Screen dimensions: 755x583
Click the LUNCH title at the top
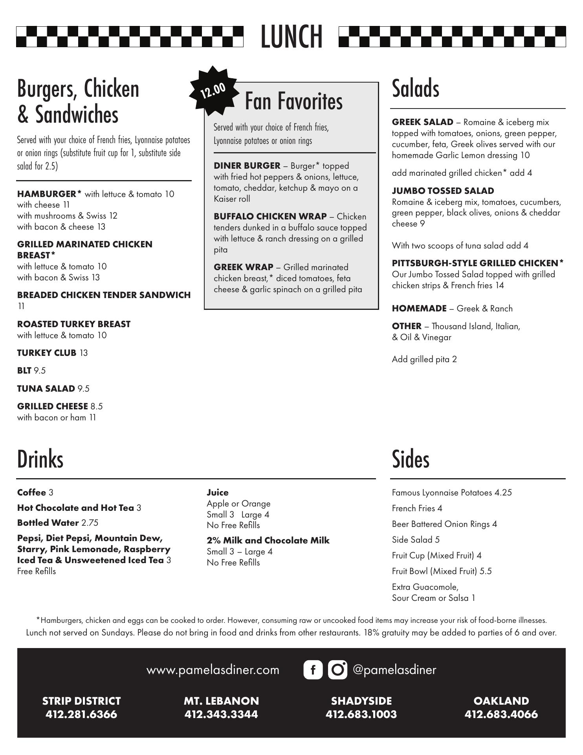coord(291,37)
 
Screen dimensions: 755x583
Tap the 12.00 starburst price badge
coord(213,91)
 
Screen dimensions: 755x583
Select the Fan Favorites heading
coord(293,101)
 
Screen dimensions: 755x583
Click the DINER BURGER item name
coord(247,166)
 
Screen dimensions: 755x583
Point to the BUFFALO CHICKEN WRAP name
coord(270,217)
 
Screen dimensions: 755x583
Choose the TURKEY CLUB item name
coord(46,353)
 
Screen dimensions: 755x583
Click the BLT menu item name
coord(24,371)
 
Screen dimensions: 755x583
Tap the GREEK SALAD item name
coord(422,122)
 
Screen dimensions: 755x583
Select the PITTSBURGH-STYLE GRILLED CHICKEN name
coord(477,263)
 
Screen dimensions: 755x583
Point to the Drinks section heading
coord(40,459)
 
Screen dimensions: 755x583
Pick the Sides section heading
coord(410,459)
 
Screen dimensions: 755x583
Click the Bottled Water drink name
coord(48,523)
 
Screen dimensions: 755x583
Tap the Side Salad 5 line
coord(416,540)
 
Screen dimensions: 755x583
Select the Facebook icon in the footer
coord(313,670)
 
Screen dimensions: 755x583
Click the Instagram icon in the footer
coord(337,670)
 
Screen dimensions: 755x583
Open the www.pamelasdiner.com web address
coord(213,670)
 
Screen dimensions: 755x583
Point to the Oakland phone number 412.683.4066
coord(501,714)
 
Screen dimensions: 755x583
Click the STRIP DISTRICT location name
coord(81,701)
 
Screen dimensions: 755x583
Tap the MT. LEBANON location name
coord(221,701)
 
